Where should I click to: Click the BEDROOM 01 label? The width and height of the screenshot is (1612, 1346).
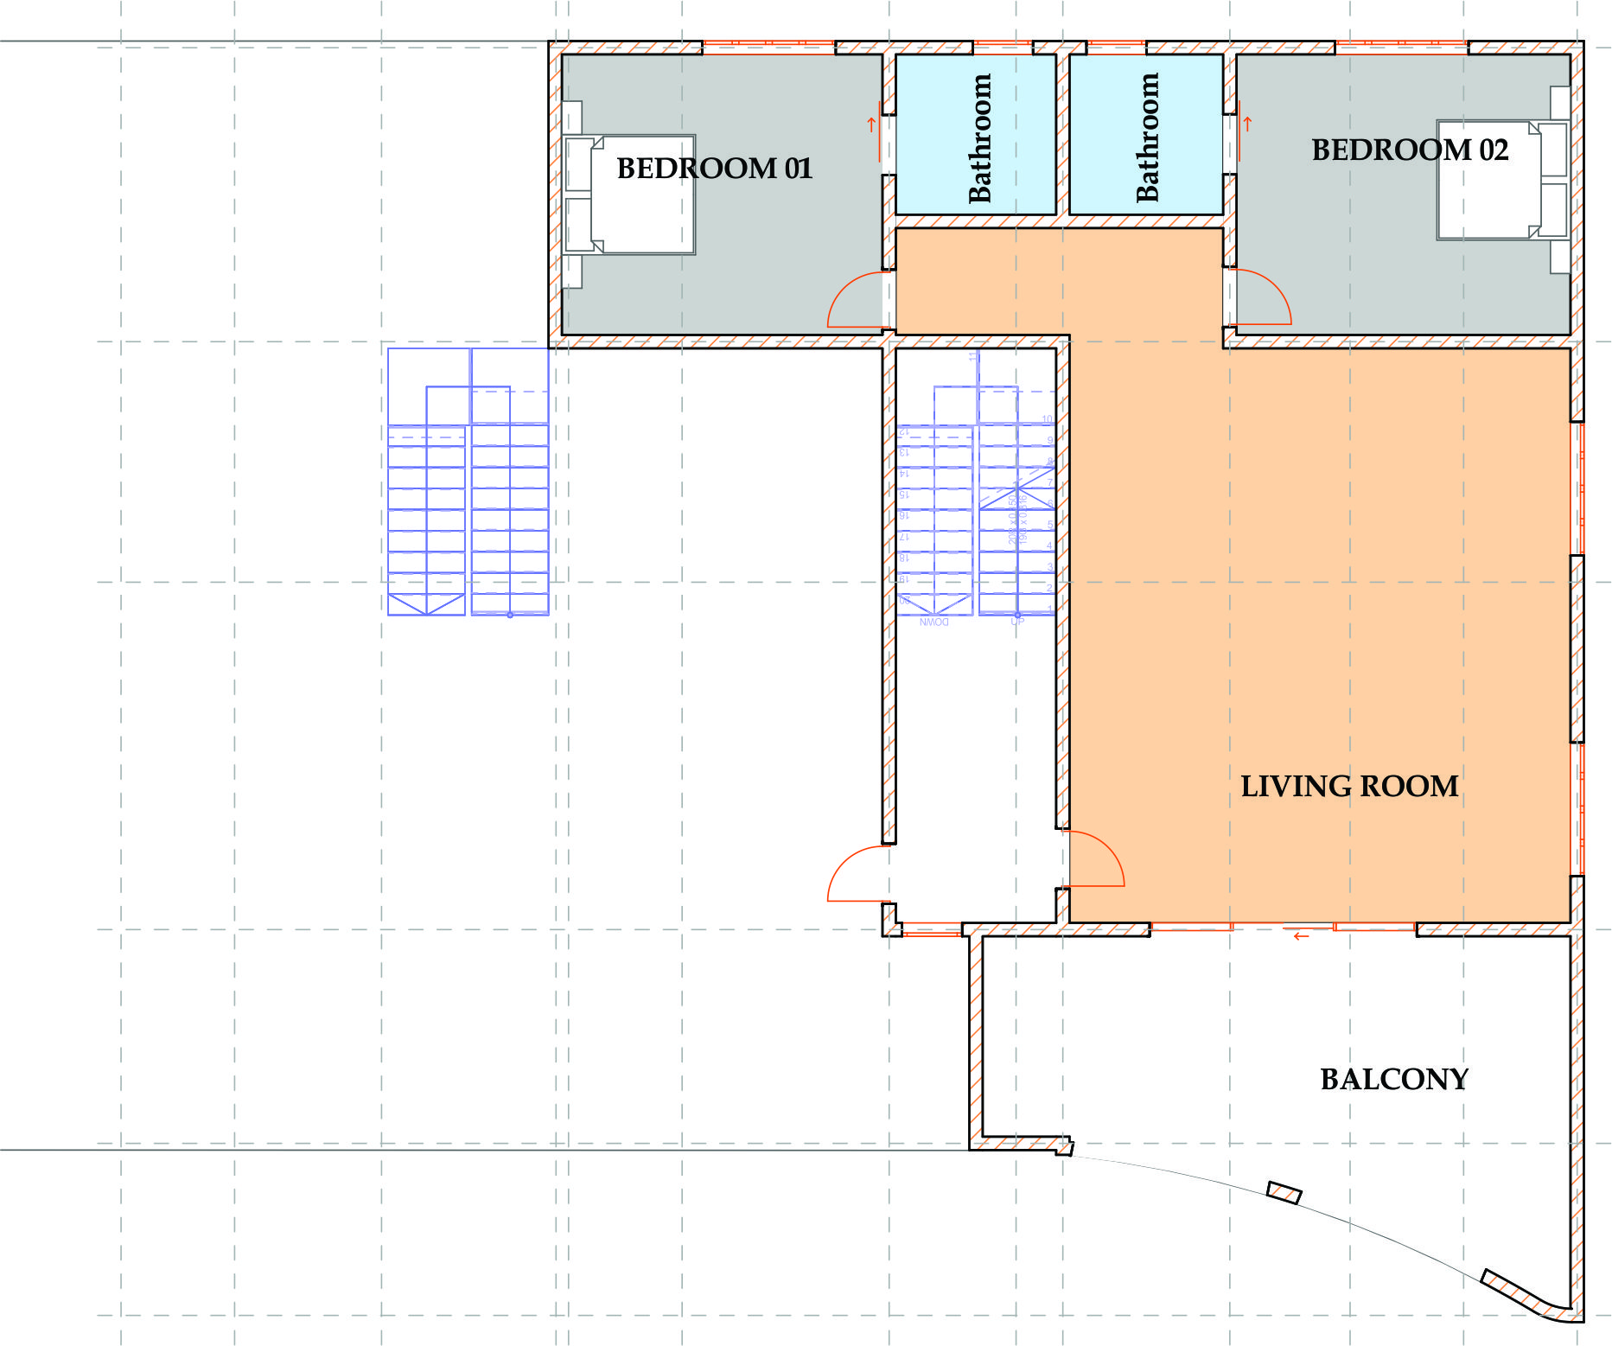tap(714, 168)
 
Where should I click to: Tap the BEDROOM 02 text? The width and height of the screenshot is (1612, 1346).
tap(1409, 150)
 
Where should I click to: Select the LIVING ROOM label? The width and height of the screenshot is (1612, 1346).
tap(1349, 786)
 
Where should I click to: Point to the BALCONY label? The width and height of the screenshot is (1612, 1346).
tap(1394, 1079)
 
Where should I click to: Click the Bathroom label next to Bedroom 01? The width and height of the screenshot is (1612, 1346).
tap(979, 137)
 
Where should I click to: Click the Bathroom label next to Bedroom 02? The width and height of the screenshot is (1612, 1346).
tap(1147, 137)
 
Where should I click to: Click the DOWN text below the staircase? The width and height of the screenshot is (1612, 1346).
tap(933, 622)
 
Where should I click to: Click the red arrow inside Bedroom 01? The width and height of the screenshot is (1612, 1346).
tap(871, 124)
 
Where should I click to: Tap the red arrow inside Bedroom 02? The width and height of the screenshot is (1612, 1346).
tap(1246, 124)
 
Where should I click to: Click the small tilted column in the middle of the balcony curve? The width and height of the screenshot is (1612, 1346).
tap(1284, 1193)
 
